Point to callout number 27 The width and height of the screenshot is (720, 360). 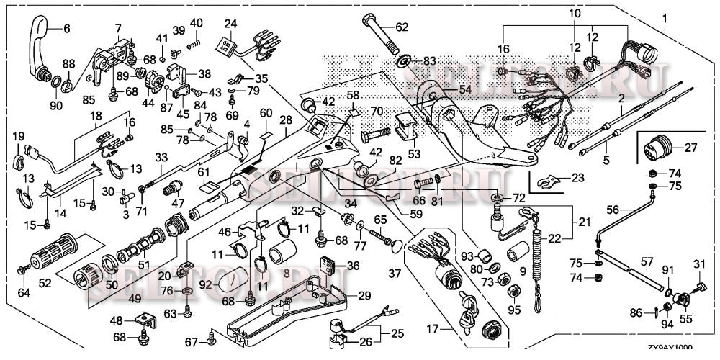pyautogui.click(x=691, y=148)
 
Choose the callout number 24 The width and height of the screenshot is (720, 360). pyautogui.click(x=230, y=23)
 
